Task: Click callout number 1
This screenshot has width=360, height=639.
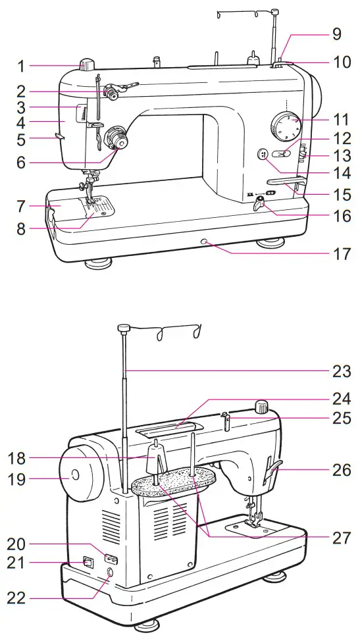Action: (x=21, y=66)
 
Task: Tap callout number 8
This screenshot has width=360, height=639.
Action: (x=21, y=230)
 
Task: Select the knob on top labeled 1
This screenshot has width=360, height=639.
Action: (x=88, y=64)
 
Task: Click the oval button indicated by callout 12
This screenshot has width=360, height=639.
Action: (x=284, y=155)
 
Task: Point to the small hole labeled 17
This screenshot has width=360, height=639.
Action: (x=205, y=243)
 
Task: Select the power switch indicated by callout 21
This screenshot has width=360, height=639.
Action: (x=88, y=563)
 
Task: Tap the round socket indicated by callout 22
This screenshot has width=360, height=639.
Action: (x=109, y=574)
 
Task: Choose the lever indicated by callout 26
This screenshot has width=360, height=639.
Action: (x=272, y=471)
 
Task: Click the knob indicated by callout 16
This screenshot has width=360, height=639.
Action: (x=259, y=206)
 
